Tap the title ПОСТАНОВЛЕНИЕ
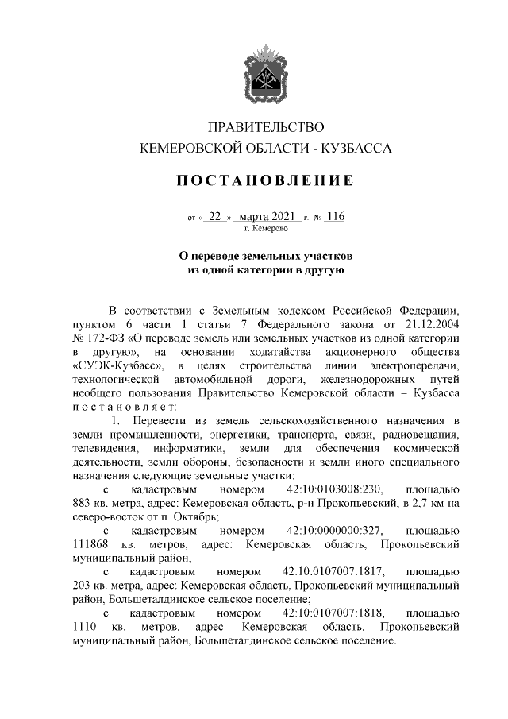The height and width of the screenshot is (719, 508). point(266,181)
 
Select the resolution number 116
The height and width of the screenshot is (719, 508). point(335,216)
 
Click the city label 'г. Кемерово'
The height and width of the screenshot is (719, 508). point(266,228)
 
